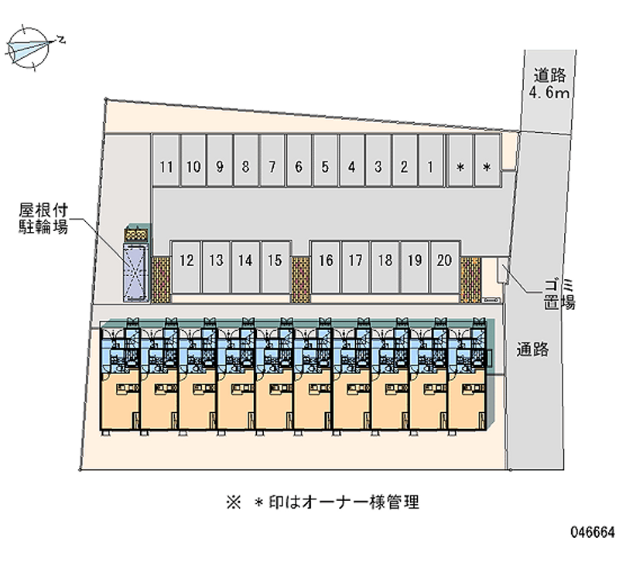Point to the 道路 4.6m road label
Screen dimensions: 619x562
549,84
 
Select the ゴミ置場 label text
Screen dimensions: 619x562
557,295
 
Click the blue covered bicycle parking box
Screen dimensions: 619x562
137,271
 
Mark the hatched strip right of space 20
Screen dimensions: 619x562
470,278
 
